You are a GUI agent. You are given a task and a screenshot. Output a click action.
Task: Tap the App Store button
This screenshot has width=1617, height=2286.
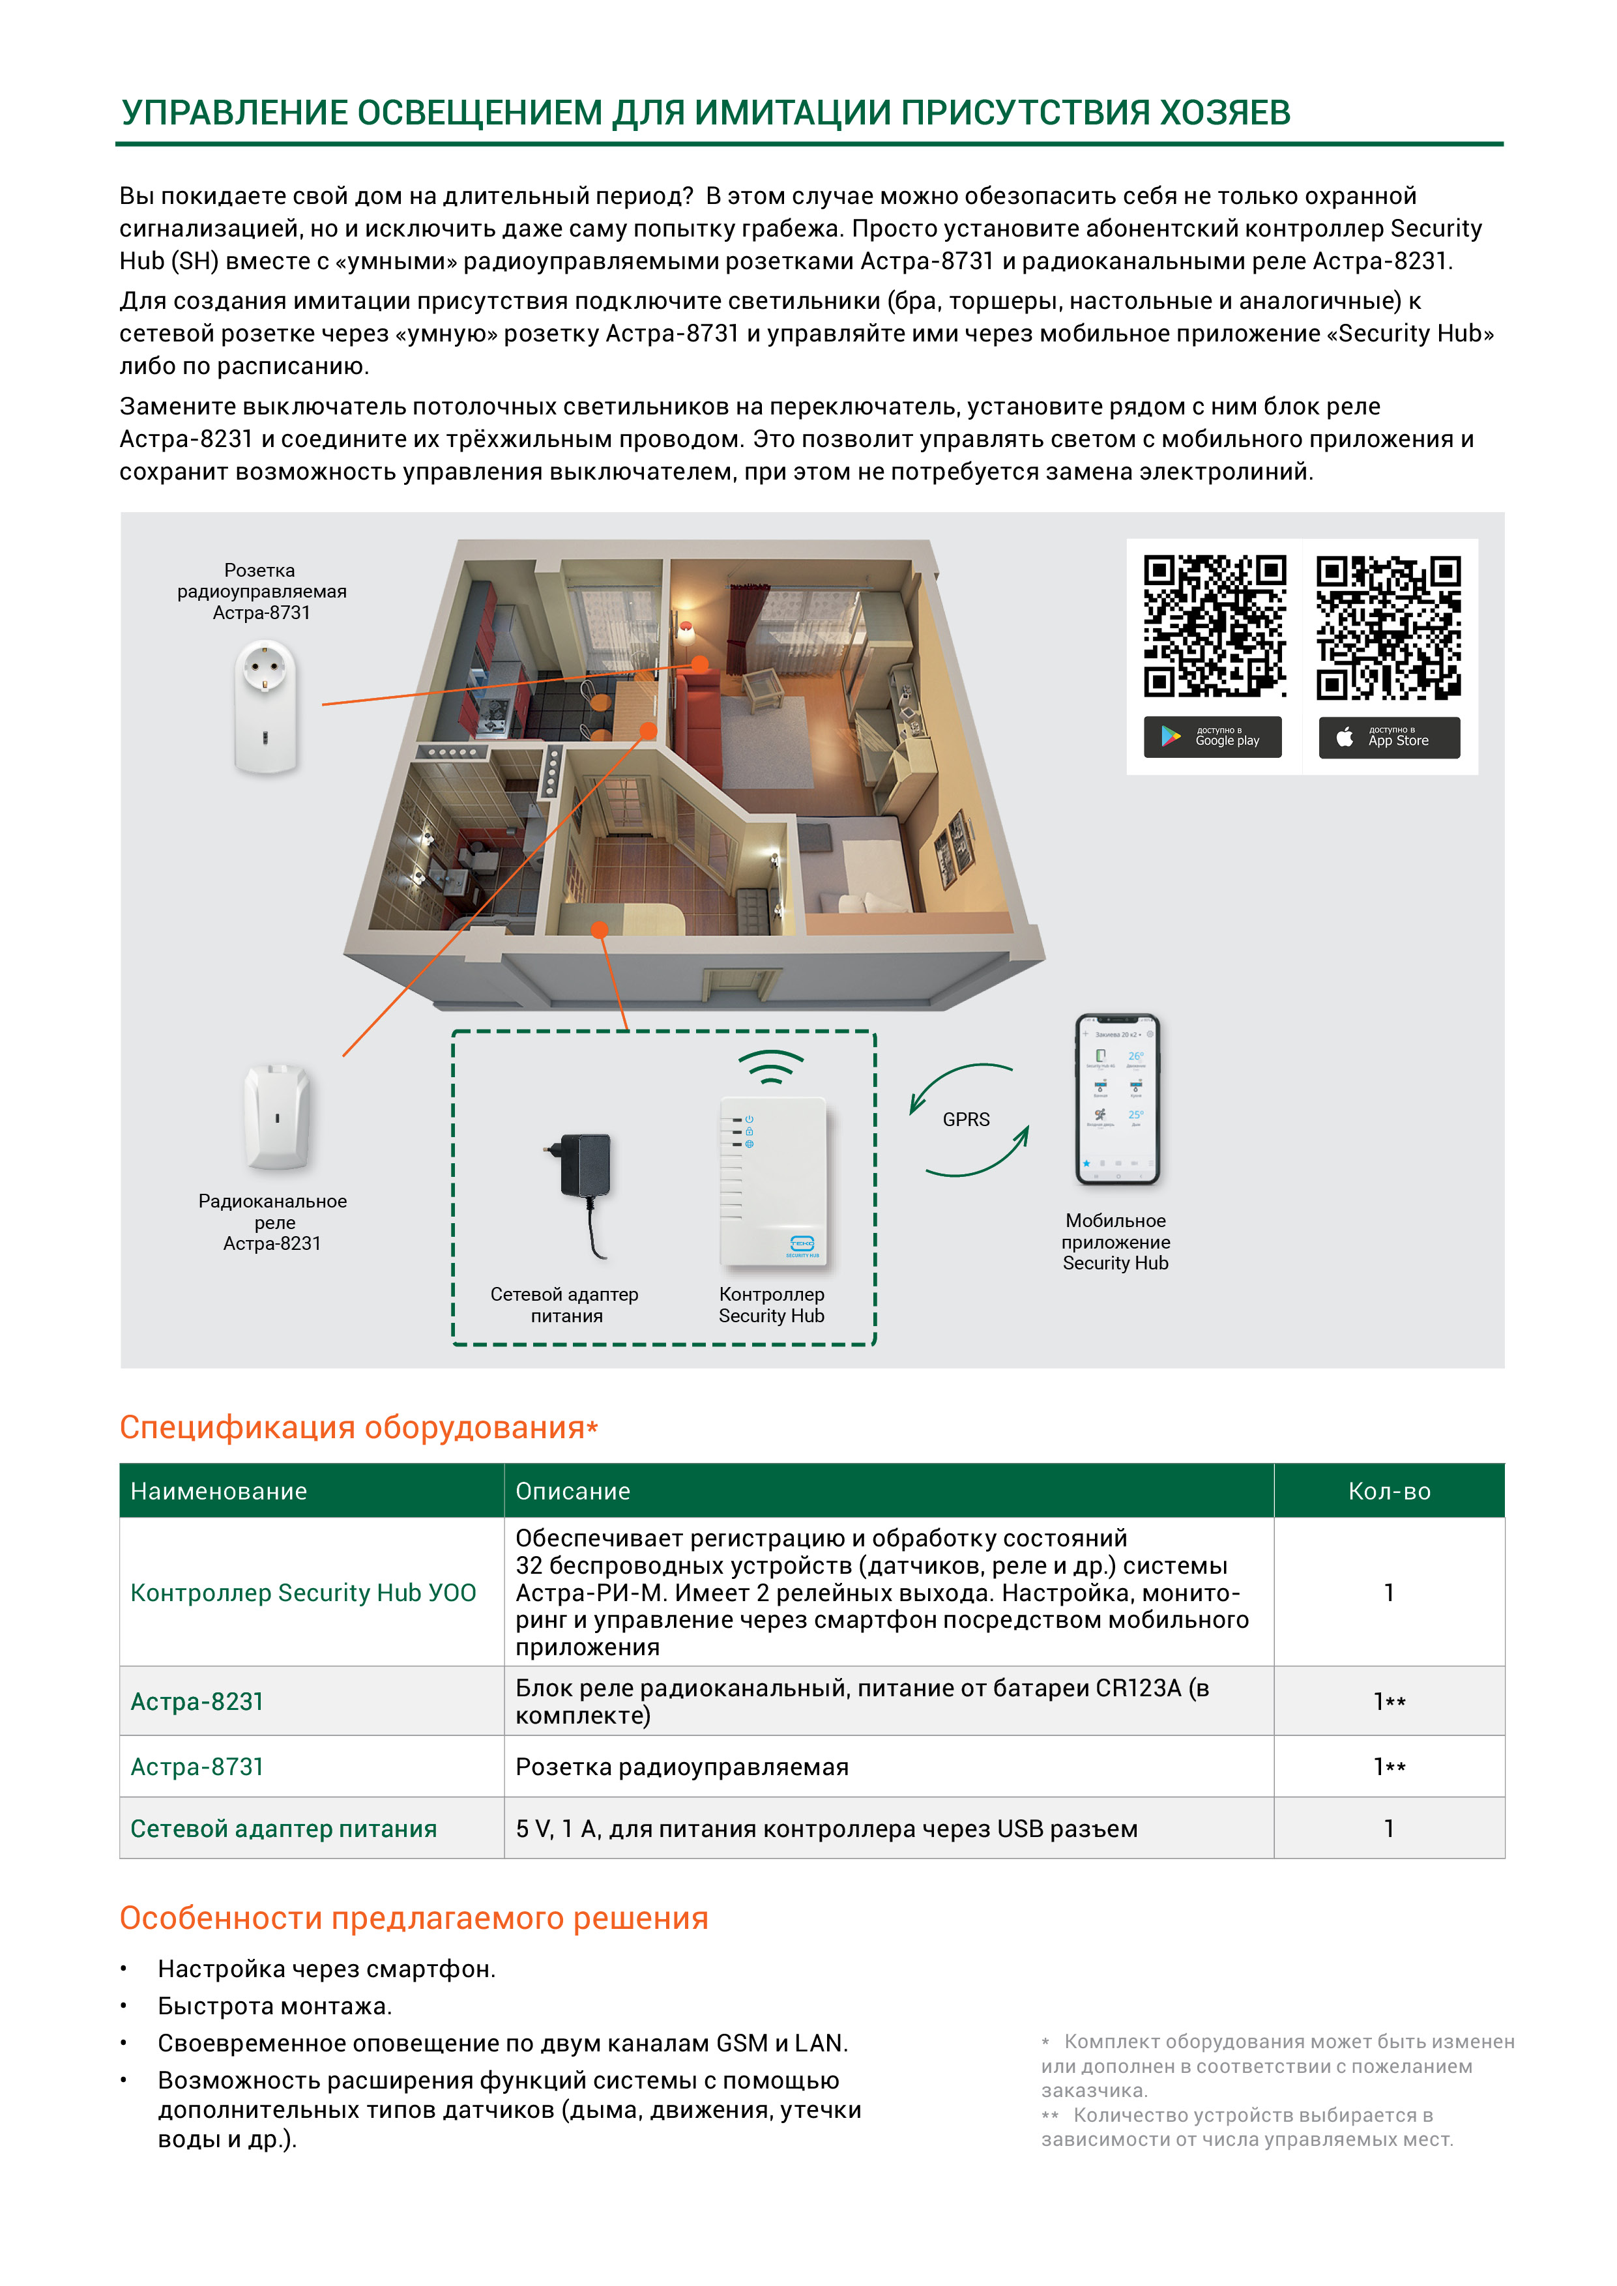[1389, 737]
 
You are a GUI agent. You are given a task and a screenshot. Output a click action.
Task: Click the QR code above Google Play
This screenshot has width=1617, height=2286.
[1214, 626]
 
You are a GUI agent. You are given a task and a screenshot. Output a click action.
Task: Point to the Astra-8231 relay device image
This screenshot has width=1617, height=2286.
[278, 1116]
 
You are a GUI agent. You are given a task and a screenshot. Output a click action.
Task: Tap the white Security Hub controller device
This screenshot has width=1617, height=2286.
[773, 1182]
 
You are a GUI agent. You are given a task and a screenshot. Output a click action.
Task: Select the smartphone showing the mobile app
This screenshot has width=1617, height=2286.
[1117, 1099]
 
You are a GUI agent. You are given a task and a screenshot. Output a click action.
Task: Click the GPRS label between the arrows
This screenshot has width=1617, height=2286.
[966, 1119]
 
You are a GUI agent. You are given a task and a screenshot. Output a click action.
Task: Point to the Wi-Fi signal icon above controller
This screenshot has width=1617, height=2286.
[770, 1068]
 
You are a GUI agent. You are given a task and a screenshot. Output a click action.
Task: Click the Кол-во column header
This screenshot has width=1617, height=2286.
[1388, 1490]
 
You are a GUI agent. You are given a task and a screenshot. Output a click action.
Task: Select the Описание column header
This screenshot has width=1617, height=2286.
[572, 1490]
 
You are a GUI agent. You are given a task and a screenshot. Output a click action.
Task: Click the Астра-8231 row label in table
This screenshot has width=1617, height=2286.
[197, 1701]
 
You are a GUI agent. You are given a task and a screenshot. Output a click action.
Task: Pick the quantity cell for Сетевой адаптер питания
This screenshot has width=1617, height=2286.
[1388, 1828]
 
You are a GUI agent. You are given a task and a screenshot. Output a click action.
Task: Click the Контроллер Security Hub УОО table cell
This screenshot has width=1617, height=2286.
[302, 1592]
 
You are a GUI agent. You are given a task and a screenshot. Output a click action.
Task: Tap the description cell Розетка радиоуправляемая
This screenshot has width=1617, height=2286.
[682, 1766]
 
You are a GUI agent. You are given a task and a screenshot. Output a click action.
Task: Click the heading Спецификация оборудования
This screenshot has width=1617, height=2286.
[353, 1426]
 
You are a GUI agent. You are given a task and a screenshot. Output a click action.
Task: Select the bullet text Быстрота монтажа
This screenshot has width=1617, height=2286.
[275, 2005]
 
